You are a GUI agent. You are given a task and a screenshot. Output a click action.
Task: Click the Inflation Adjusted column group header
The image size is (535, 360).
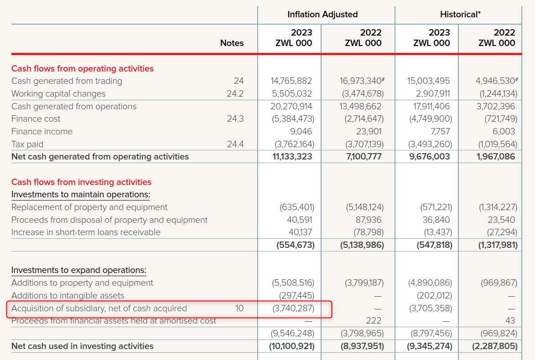[322, 15]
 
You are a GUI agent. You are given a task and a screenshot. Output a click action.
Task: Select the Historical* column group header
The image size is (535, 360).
[460, 15]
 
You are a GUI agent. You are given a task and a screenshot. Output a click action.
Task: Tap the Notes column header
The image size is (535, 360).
[232, 43]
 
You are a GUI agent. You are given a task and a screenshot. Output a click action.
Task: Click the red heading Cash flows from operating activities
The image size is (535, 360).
[83, 69]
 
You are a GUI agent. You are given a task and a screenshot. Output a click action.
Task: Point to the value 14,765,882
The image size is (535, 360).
[291, 81]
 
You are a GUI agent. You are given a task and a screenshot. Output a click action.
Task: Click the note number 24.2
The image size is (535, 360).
[235, 94]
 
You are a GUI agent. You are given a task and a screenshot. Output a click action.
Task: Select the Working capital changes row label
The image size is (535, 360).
[58, 94]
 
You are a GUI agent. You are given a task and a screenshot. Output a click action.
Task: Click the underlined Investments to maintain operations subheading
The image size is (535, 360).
[81, 195]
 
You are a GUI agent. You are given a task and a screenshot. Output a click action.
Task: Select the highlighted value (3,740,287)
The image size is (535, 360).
[293, 309]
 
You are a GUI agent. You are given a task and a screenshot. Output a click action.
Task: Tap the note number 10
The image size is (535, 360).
[239, 309]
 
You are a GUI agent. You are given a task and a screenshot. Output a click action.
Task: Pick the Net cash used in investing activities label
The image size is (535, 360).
[83, 346]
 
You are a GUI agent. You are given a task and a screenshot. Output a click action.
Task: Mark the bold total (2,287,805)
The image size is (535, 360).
[494, 346]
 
